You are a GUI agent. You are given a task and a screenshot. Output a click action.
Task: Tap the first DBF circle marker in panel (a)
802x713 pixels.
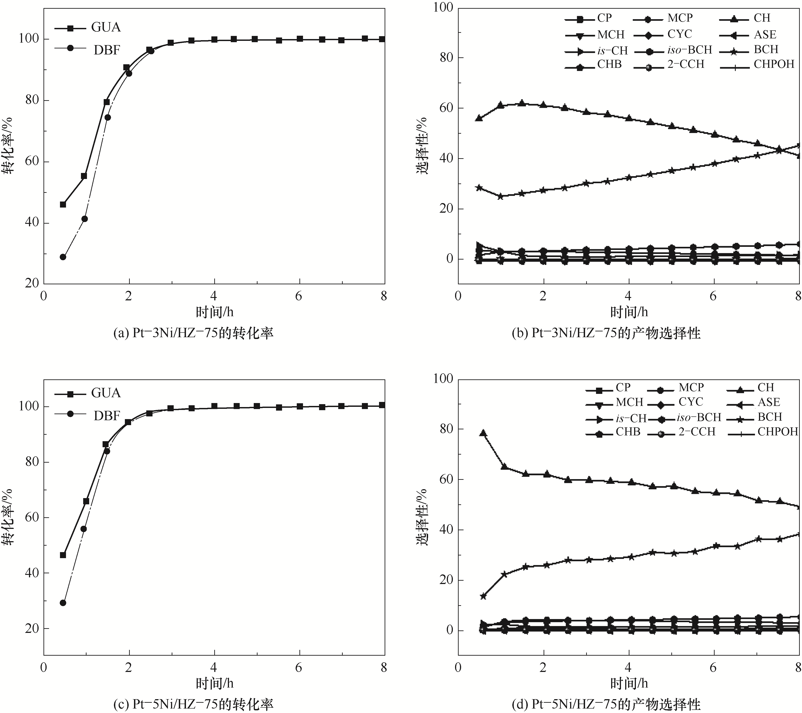point(63,257)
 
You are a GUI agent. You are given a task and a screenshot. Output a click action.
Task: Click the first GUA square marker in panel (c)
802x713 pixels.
point(63,555)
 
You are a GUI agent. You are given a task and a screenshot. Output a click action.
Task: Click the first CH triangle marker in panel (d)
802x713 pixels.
point(483,433)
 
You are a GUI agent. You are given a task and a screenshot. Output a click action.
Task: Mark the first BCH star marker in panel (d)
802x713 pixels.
point(483,596)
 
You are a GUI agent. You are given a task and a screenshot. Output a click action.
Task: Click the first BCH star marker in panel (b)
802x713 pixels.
point(479,188)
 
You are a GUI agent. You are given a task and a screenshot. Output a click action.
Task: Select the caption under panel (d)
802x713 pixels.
point(606,704)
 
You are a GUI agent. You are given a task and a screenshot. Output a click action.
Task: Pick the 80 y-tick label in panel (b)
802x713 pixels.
point(444,58)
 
